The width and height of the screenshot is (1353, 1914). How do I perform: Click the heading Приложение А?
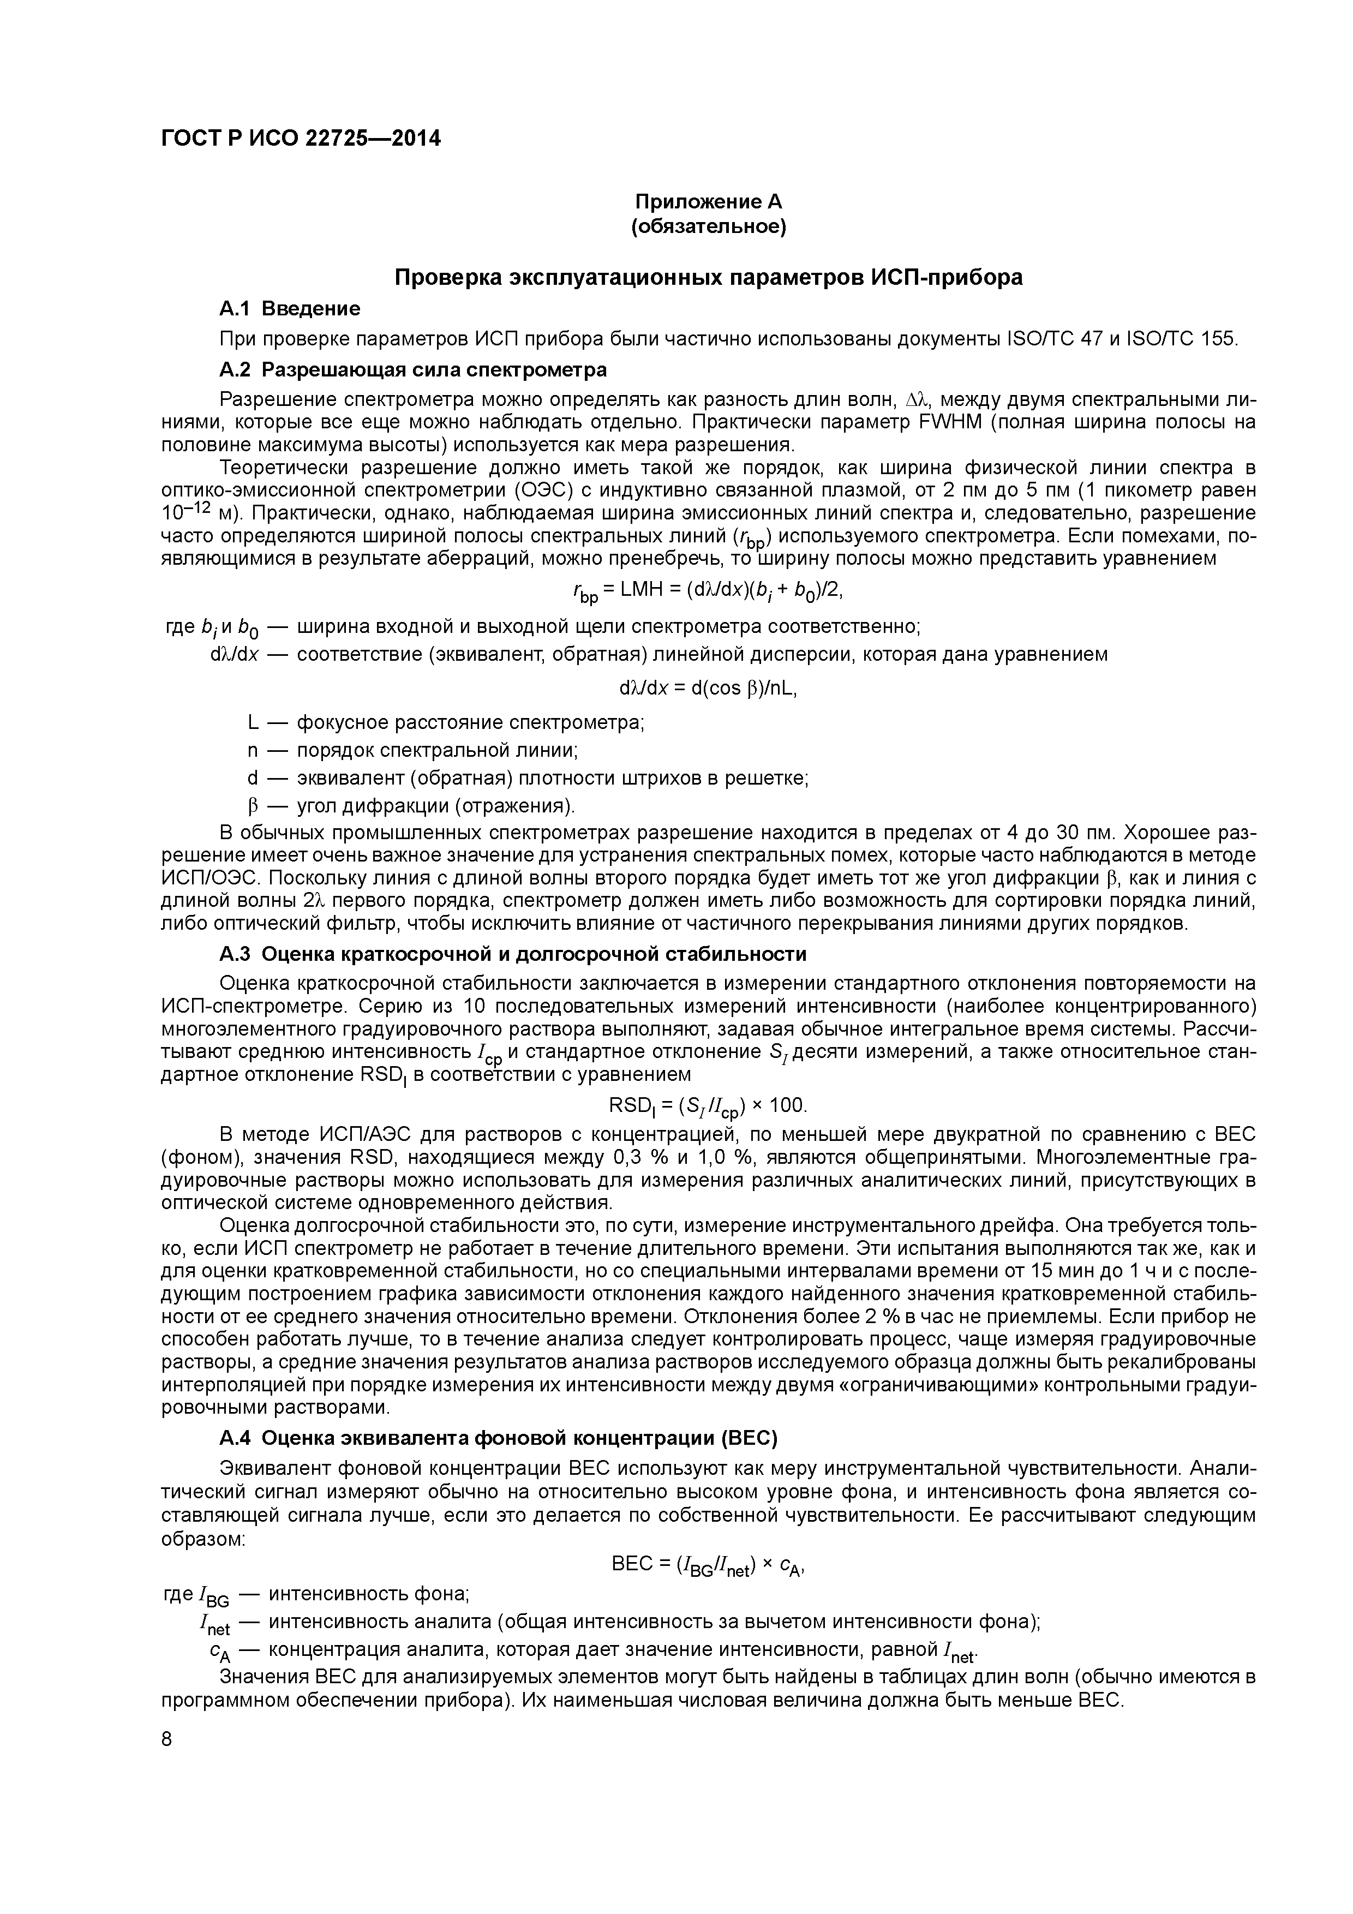(709, 202)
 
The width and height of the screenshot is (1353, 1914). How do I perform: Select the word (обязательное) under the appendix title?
(709, 227)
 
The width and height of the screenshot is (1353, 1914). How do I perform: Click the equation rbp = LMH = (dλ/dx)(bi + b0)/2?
(709, 591)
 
